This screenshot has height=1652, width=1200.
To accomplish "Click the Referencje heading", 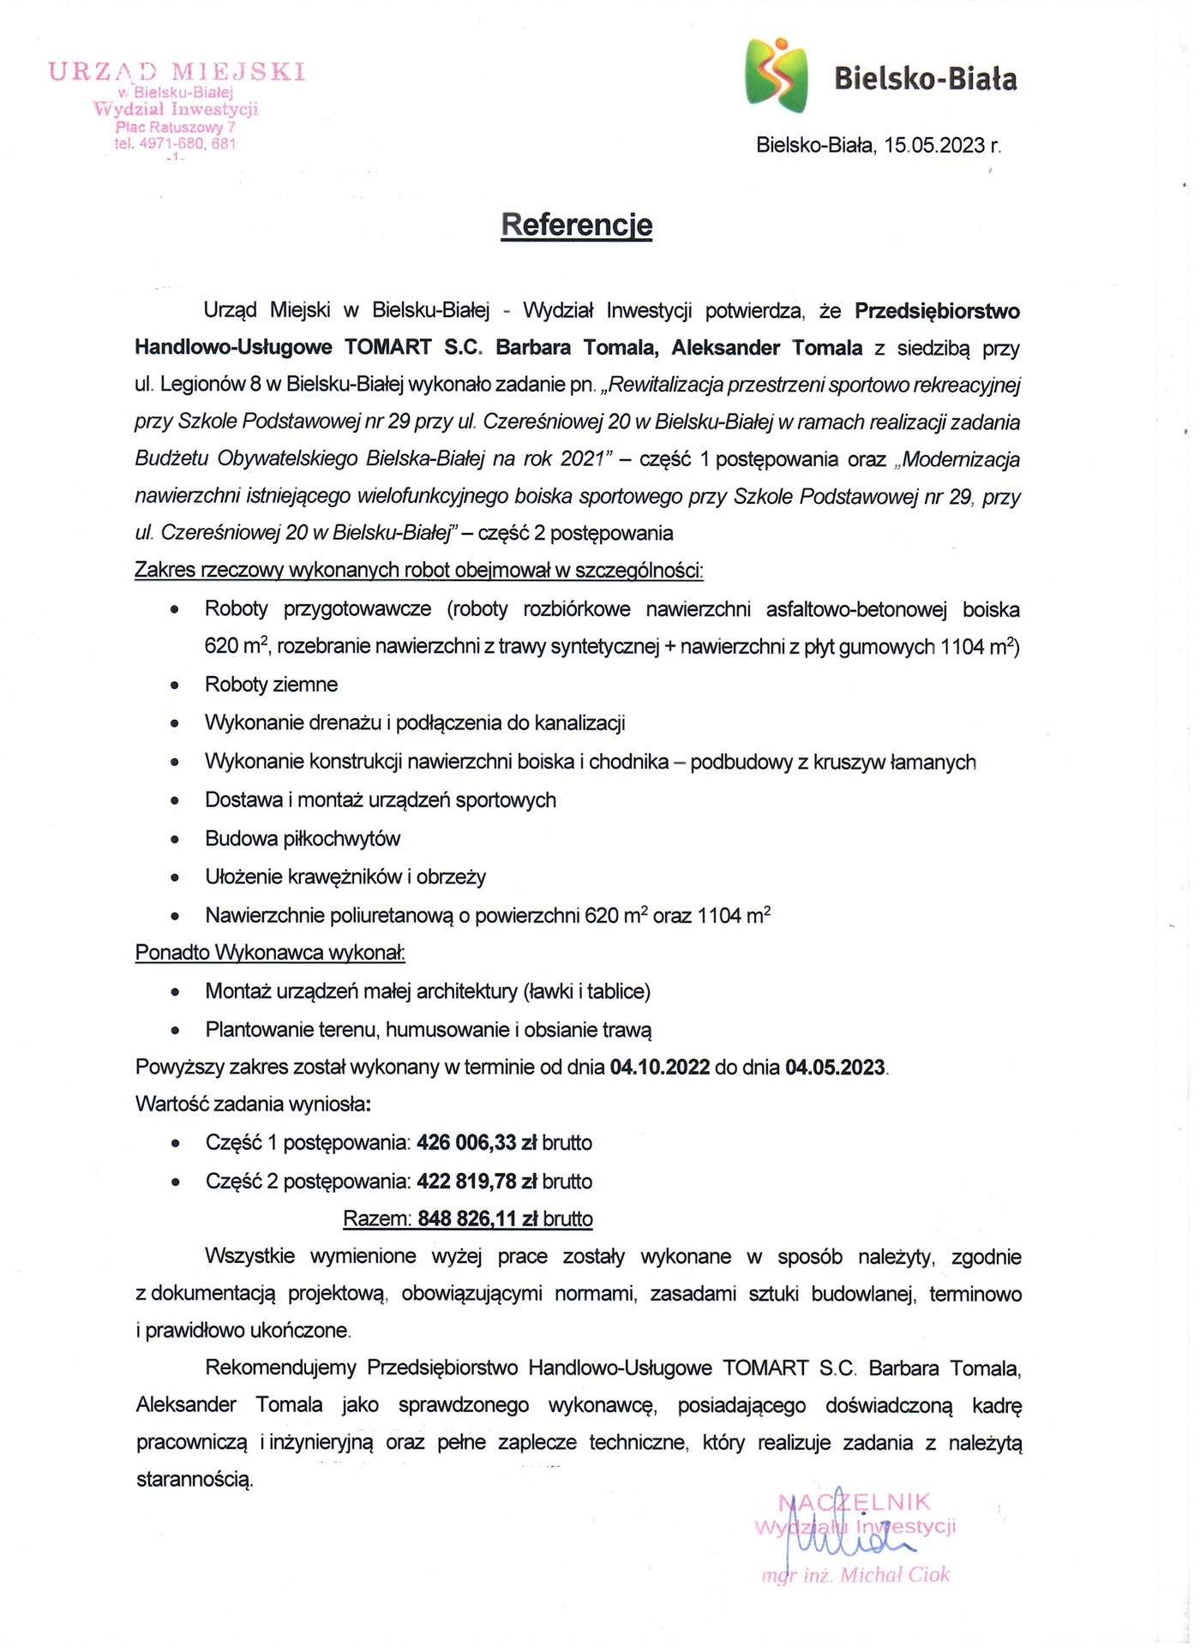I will (576, 225).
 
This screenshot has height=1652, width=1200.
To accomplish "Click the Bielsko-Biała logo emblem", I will (776, 75).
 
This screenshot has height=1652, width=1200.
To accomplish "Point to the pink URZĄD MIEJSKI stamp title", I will (177, 71).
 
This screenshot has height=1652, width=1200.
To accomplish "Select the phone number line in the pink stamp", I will (175, 144).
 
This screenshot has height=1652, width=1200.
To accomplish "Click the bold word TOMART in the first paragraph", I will (387, 348).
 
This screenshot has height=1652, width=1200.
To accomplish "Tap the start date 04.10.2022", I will (659, 1068).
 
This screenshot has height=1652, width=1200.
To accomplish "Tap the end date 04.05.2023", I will (835, 1068).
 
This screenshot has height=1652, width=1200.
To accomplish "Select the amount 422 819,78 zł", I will (477, 1182).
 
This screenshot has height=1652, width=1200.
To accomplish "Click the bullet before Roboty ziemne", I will (175, 685).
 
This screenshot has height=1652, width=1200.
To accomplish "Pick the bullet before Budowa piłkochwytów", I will (175, 840).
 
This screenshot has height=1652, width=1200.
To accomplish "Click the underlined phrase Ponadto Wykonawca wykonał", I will (270, 953).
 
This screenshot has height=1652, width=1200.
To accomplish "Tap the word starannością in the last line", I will (195, 1480).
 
